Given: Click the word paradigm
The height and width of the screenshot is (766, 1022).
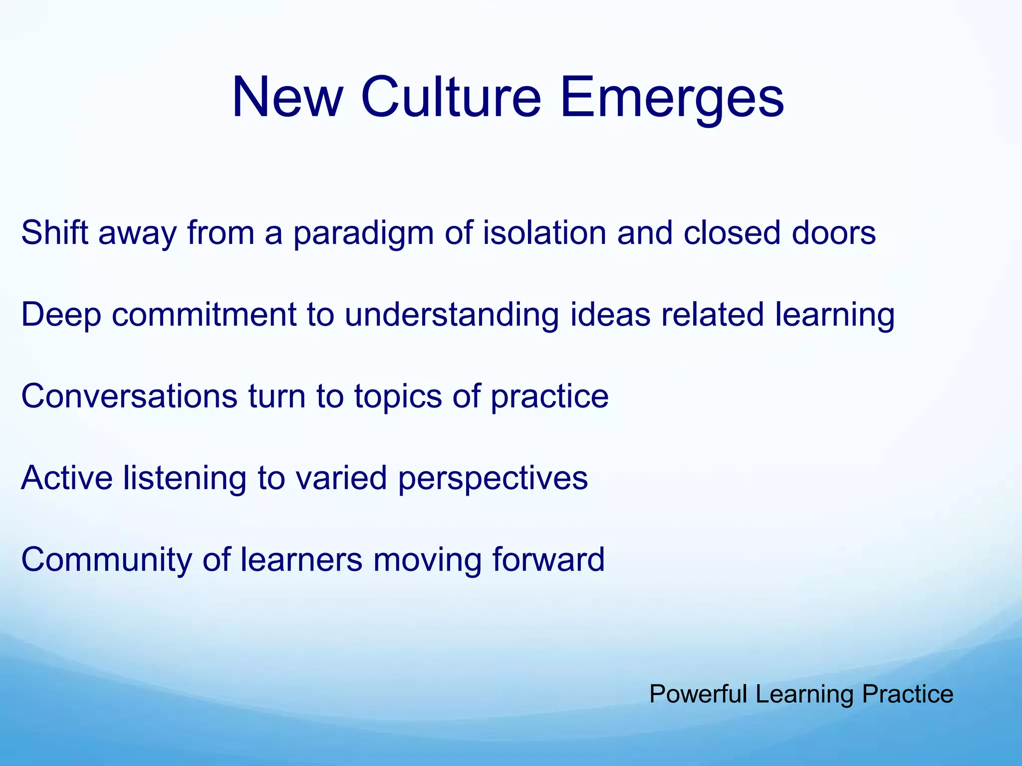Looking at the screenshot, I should tap(363, 233).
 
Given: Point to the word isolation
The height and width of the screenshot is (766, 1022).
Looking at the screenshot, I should tap(544, 233).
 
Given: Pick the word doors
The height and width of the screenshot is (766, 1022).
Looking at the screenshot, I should tap(833, 233).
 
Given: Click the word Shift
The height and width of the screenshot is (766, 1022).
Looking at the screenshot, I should tap(54, 233).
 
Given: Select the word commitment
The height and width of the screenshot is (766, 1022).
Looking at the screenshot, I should tap(204, 315).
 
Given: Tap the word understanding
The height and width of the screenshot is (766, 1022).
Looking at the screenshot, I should tap(451, 315).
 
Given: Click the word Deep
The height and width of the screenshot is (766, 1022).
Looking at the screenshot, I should tap(61, 315).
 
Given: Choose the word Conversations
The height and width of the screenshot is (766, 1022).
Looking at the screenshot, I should tap(129, 396).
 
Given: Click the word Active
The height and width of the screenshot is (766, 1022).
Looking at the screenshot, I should tap(67, 478).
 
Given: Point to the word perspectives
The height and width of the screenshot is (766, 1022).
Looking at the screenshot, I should tap(493, 478).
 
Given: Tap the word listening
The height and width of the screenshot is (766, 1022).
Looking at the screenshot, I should tap(185, 478).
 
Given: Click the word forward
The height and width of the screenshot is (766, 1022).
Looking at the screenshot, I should tap(548, 560).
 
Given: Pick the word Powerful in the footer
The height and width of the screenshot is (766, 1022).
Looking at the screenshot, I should tap(698, 694).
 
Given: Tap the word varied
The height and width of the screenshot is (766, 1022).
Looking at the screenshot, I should tap(341, 478).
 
